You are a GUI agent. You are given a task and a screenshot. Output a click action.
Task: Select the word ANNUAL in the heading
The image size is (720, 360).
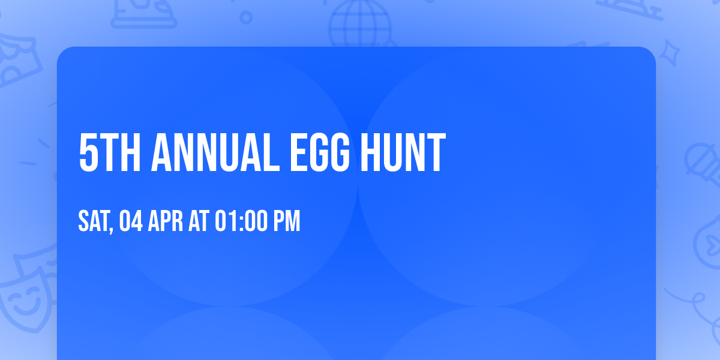(x=215, y=154)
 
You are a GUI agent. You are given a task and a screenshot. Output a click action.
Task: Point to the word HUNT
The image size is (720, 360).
(x=403, y=154)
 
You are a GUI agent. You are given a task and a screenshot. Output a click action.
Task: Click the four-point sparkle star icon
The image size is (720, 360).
(x=671, y=52)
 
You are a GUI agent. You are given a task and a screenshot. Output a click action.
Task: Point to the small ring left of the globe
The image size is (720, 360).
(x=246, y=17)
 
